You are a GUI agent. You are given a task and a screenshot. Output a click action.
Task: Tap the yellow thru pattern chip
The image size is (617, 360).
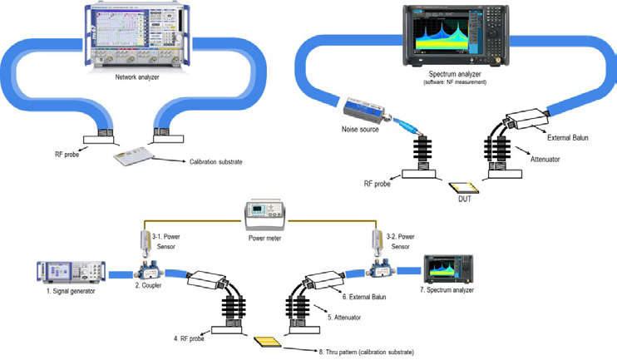click(269, 341)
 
